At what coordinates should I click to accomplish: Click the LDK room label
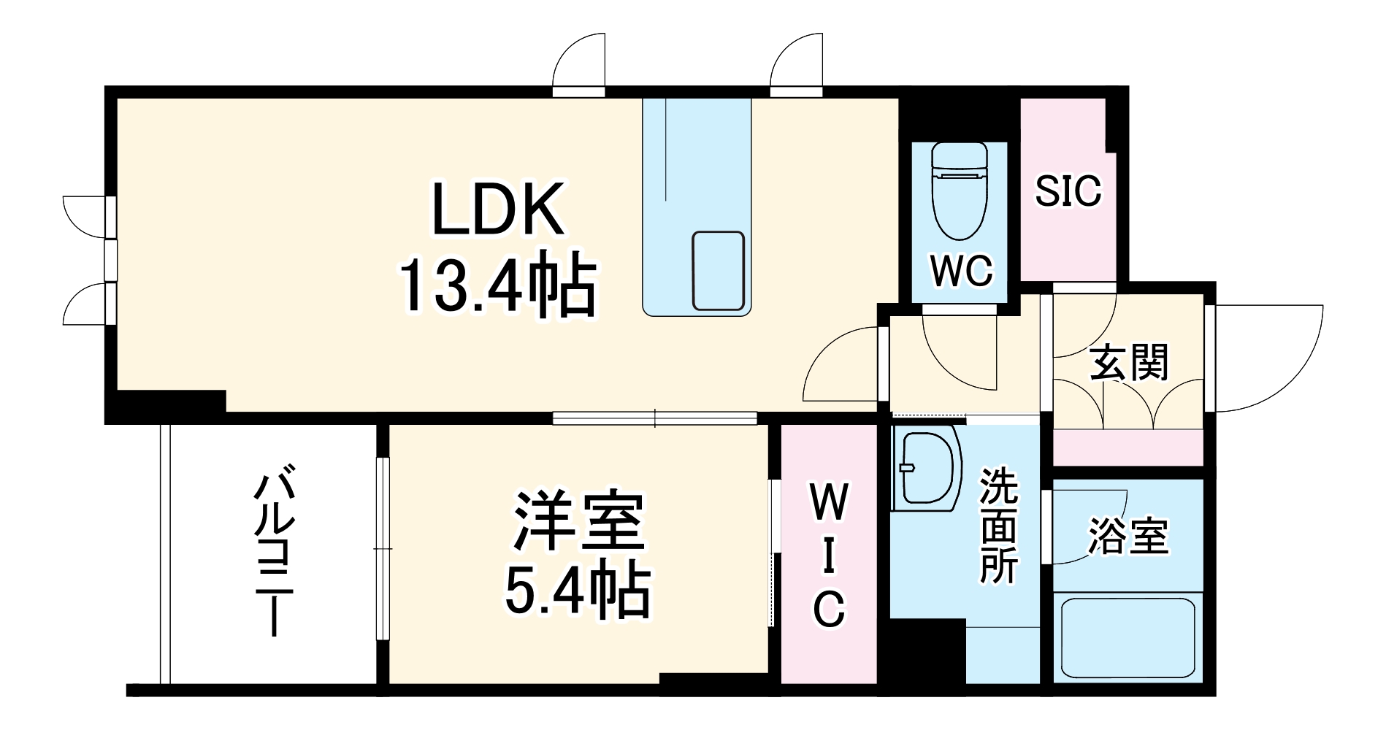click(499, 210)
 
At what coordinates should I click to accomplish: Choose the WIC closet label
click(829, 556)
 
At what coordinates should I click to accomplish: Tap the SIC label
click(1068, 191)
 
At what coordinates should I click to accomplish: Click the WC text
click(961, 272)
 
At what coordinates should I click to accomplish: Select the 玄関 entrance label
click(1129, 363)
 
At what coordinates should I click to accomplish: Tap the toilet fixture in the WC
click(960, 190)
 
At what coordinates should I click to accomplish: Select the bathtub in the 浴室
click(1127, 637)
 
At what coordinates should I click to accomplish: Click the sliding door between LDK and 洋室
click(654, 418)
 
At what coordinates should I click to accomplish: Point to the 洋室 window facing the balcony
click(383, 547)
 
